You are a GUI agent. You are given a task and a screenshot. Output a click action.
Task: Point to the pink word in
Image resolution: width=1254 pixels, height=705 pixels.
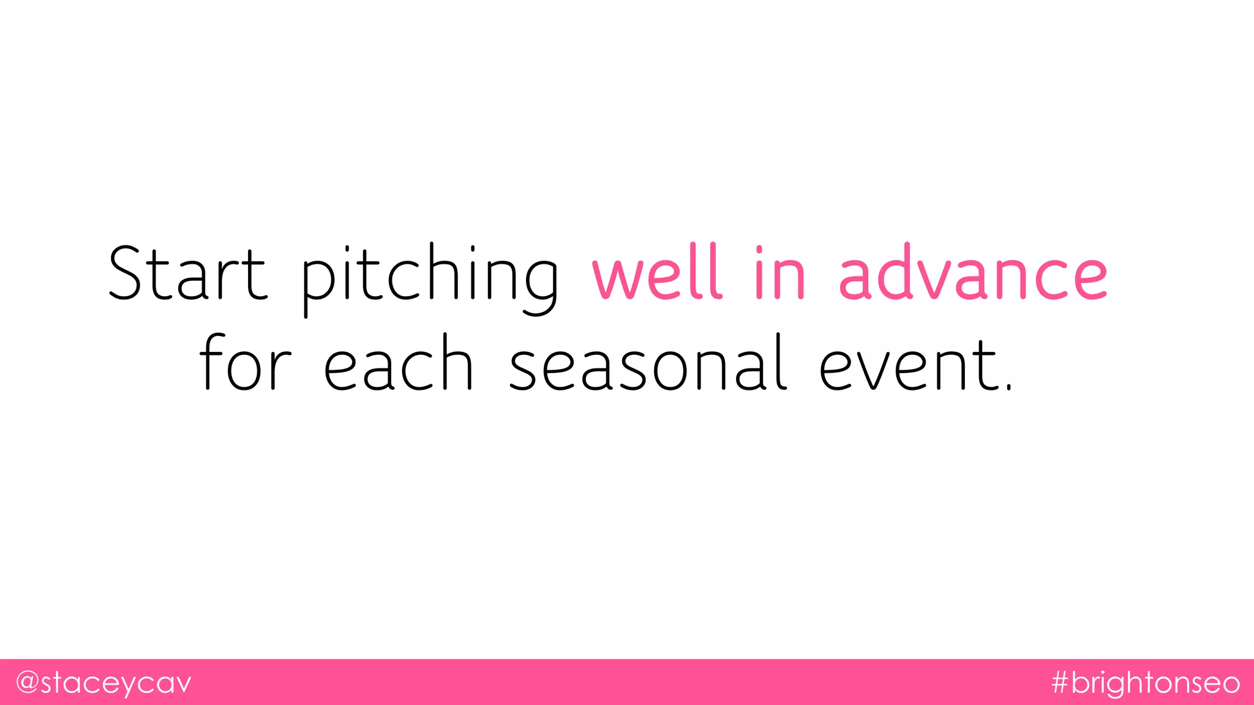[779, 273]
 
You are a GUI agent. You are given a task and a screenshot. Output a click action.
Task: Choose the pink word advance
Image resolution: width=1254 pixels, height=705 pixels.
[973, 273]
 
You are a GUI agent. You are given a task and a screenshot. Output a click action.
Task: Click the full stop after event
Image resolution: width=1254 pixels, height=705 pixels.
[1009, 386]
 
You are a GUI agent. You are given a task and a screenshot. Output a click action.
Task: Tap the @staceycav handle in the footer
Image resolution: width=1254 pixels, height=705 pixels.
[103, 683]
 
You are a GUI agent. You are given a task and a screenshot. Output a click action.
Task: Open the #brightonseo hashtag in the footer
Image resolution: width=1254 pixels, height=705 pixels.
[1146, 683]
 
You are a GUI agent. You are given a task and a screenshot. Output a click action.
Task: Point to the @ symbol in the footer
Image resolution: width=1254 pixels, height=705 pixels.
[28, 682]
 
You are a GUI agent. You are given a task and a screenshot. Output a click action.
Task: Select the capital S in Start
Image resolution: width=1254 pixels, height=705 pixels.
[129, 273]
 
